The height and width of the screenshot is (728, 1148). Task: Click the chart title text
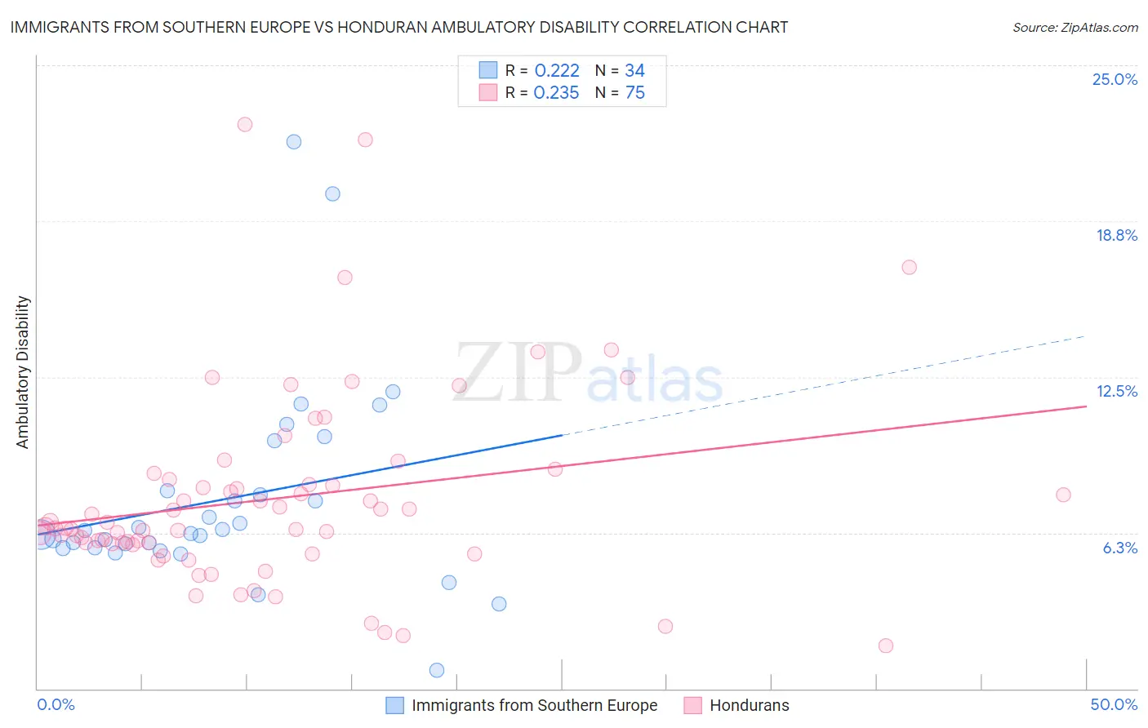398,27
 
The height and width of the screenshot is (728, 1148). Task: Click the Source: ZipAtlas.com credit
1075,28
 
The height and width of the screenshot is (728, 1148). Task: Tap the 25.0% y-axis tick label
1115,79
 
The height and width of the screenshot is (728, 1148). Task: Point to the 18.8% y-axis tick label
1116,235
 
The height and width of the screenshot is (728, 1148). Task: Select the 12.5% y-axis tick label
1116,391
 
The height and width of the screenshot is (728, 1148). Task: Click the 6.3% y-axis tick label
1119,548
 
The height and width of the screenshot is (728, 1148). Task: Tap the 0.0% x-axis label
56,704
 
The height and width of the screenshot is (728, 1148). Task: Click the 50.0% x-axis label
1114,704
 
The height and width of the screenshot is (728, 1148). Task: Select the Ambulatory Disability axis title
23,372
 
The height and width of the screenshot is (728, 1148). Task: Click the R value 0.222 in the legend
557,71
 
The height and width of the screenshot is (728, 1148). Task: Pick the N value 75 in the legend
634,93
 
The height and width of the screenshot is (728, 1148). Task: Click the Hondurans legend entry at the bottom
749,705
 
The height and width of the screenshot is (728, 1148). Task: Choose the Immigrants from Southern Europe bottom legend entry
534,705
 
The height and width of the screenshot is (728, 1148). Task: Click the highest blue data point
294,142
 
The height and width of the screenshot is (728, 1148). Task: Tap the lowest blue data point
437,670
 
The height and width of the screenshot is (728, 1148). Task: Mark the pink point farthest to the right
1063,495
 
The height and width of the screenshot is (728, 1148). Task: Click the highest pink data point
245,125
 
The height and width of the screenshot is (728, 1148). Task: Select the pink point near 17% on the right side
909,268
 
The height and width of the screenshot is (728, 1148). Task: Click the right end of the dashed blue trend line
1085,336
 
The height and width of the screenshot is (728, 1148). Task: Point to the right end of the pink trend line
1086,406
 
